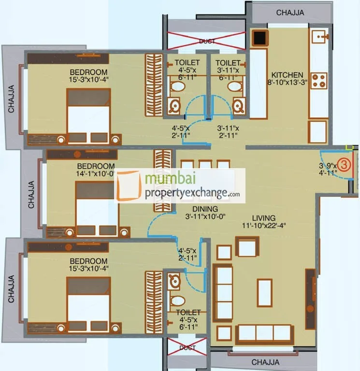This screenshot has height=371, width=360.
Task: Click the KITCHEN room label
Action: (287, 75)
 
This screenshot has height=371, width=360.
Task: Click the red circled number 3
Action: (344, 165)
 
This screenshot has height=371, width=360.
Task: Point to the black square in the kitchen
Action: (259, 38)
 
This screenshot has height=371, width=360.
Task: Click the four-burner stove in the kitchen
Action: (319, 80)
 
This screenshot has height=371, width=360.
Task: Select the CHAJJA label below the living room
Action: (265, 362)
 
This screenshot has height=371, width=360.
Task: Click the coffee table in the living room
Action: (264, 292)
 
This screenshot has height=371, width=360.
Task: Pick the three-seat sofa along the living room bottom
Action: (265, 333)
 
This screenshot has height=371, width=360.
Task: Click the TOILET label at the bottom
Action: (187, 313)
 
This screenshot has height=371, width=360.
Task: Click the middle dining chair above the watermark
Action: (205, 164)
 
